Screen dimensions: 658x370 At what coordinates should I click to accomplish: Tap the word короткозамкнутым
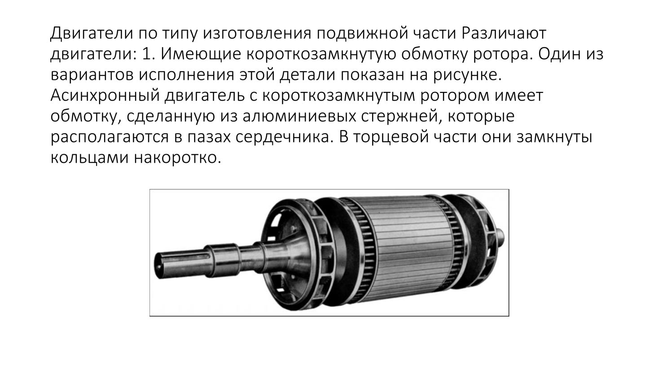338,96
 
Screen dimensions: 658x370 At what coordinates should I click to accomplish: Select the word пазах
209,137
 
